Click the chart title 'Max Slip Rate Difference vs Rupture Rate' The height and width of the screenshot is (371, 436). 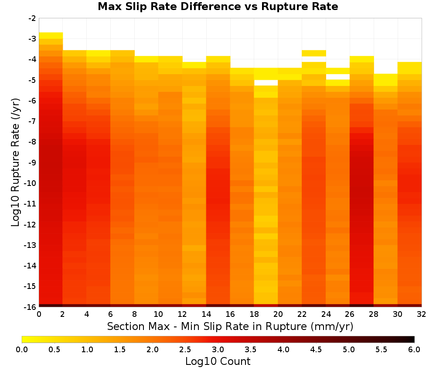(x=218, y=7)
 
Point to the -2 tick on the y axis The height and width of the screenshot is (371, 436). (x=32, y=18)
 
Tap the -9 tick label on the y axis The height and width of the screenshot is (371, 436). (x=32, y=162)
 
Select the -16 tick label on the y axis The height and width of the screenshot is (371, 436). (x=31, y=307)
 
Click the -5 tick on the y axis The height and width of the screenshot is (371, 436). (x=32, y=80)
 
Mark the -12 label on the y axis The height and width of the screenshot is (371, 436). (x=31, y=225)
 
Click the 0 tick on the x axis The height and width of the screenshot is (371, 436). (x=39, y=314)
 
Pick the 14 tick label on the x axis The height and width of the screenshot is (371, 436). (x=206, y=314)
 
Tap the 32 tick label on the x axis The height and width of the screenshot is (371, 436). (x=422, y=314)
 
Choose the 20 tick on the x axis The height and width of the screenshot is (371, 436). (x=278, y=314)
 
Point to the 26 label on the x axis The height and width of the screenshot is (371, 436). (x=350, y=314)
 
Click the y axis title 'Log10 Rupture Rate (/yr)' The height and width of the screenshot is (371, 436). (x=16, y=162)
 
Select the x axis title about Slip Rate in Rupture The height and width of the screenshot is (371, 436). (x=230, y=326)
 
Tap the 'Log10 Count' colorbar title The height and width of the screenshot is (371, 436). (x=218, y=361)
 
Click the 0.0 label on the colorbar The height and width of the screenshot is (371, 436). (x=22, y=350)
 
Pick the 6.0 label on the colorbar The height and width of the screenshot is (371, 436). (x=414, y=350)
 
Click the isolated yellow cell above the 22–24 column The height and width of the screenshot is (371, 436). (x=314, y=53)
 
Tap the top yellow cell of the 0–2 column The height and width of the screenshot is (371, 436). (x=51, y=36)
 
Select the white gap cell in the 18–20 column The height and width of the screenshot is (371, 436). (x=266, y=83)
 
